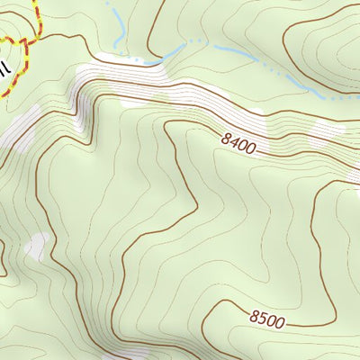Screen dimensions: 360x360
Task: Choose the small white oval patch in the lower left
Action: (37, 245)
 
